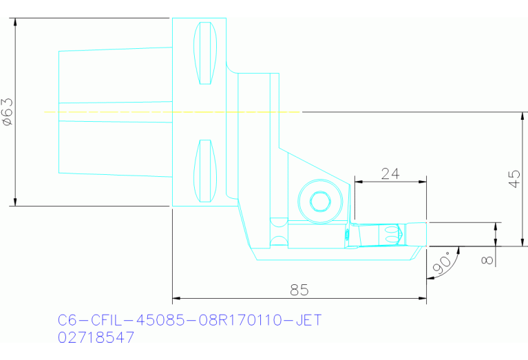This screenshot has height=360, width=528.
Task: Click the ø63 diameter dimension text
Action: coord(8,112)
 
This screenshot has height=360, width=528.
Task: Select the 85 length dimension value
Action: coord(299,290)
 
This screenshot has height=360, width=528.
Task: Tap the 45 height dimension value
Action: coord(514,179)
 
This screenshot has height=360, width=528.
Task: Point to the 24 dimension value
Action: coord(390,173)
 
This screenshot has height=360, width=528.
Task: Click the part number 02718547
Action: coord(96,337)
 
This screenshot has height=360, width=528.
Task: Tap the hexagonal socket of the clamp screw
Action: coord(319,202)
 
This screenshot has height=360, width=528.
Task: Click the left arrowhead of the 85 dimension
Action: coord(176,299)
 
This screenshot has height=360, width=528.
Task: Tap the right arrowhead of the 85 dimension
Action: coord(422,299)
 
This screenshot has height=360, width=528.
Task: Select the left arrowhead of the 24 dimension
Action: coord(358,182)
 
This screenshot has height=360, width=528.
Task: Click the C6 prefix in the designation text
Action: coord(65,321)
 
